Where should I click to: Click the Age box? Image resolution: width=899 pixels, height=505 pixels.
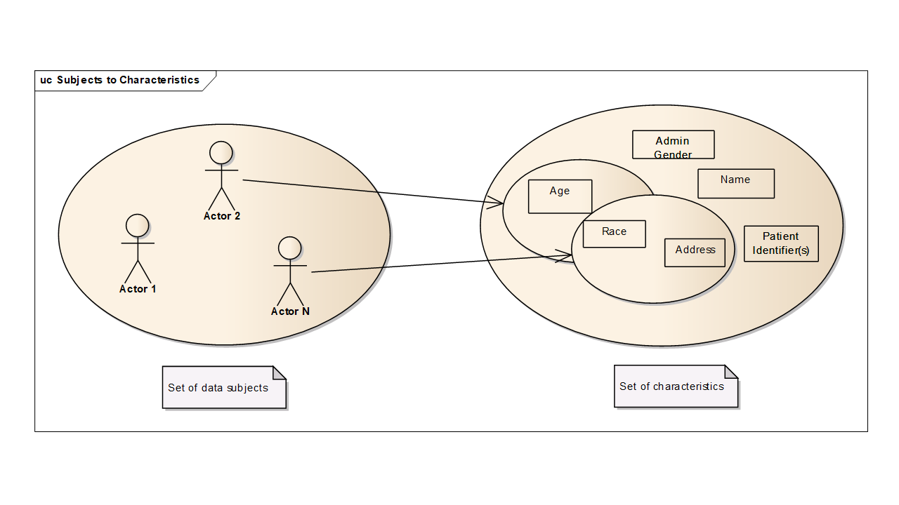tap(560, 196)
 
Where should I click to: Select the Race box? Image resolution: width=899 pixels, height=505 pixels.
tap(614, 234)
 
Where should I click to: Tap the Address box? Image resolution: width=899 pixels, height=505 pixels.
tap(695, 252)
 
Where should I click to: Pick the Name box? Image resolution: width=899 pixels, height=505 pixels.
tap(735, 183)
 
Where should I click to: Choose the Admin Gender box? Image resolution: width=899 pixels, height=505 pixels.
tap(673, 144)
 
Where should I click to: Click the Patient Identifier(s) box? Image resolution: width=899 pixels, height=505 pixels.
tap(781, 243)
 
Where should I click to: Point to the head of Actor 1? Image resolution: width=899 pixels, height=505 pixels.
tap(138, 225)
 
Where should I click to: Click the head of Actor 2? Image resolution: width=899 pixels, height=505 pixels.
tap(221, 152)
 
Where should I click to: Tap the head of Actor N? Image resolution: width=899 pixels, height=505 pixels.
tap(289, 248)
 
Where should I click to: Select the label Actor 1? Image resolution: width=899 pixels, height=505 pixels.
tap(138, 289)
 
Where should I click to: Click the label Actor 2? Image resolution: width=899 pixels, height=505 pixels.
tap(222, 216)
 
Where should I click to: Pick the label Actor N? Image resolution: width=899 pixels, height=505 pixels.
tap(290, 311)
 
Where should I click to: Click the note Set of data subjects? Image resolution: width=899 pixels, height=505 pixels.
tap(218, 388)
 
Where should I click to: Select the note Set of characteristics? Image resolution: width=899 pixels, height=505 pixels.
tap(671, 386)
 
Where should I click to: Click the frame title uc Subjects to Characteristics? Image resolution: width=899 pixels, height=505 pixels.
tap(120, 80)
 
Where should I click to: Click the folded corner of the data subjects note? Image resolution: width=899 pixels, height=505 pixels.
tap(280, 372)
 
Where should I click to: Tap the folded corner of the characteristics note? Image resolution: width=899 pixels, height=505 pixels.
tap(731, 371)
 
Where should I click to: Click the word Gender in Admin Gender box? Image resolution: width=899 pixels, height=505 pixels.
tap(673, 155)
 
